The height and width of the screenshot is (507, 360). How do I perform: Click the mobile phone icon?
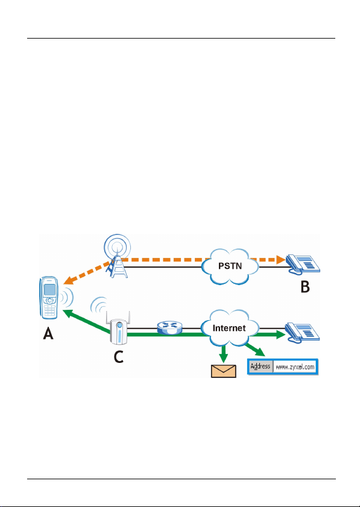(49, 297)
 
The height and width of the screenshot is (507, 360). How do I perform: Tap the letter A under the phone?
(48, 333)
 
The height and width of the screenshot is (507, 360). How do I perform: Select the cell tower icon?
(117, 256)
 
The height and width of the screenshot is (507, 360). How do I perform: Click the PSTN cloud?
(230, 266)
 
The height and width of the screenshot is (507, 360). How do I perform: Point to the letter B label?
(305, 287)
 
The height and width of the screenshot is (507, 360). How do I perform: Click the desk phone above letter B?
(303, 264)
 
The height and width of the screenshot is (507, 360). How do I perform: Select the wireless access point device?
(118, 327)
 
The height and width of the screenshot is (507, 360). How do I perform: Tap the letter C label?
(119, 357)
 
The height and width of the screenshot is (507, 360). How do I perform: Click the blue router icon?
(170, 327)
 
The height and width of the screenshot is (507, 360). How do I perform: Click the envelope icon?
(224, 371)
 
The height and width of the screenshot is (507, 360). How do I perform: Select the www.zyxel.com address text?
(295, 367)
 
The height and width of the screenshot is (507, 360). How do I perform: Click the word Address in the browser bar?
(260, 367)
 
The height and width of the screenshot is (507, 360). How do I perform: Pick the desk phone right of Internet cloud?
(302, 332)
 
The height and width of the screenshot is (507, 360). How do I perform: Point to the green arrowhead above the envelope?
(224, 358)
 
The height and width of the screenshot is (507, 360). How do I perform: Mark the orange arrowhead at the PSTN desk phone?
(281, 259)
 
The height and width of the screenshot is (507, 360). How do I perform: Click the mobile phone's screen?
(49, 290)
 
